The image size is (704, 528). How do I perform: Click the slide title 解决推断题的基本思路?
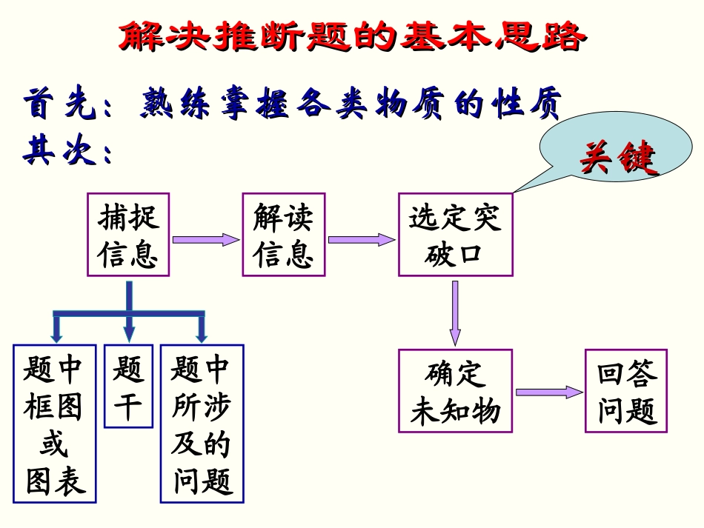(x=351, y=37)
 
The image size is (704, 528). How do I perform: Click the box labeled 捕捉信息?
(x=128, y=235)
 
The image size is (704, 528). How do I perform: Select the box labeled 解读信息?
(x=283, y=235)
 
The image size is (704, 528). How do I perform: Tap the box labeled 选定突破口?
(x=455, y=235)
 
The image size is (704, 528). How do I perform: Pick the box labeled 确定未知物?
(x=455, y=392)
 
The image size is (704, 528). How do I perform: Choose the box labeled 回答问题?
(x=626, y=390)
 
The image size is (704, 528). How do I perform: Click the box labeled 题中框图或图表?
(x=55, y=424)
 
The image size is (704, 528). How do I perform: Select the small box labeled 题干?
(x=128, y=386)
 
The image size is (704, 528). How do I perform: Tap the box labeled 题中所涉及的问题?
(x=202, y=424)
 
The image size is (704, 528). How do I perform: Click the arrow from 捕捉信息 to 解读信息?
(x=206, y=240)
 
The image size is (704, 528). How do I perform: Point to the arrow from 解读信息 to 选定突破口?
(x=361, y=240)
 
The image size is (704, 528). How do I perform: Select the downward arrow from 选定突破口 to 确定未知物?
(x=455, y=312)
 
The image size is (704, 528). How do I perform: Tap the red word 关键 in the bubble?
(x=617, y=158)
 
